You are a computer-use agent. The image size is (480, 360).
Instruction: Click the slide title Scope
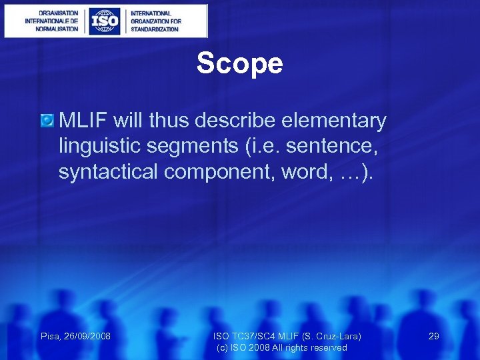[x=239, y=64]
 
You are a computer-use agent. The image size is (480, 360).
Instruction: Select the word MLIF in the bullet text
[x=83, y=121]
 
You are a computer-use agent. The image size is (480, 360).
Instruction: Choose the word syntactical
[x=109, y=172]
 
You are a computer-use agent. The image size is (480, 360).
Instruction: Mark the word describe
[x=243, y=121]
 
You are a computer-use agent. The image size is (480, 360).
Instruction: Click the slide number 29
[x=433, y=337]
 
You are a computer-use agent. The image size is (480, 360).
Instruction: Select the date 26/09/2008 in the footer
[x=87, y=337]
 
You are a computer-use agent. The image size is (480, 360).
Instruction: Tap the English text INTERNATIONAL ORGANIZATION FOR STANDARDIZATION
[x=155, y=21]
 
